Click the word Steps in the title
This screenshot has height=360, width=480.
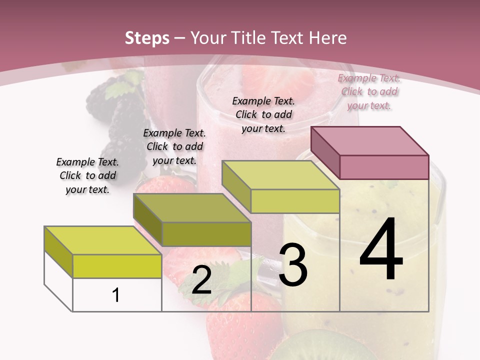146,38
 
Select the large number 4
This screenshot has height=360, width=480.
381,250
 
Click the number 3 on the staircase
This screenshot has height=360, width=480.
292,265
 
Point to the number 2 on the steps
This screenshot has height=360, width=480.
201,280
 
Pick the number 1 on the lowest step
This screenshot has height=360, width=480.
116,295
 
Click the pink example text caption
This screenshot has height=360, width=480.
369,91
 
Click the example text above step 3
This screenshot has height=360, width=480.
263,114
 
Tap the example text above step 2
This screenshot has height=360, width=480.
174,146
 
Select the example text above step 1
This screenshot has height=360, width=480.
87,175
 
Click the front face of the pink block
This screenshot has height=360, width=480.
384,167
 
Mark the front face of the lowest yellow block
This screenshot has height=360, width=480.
117,266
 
